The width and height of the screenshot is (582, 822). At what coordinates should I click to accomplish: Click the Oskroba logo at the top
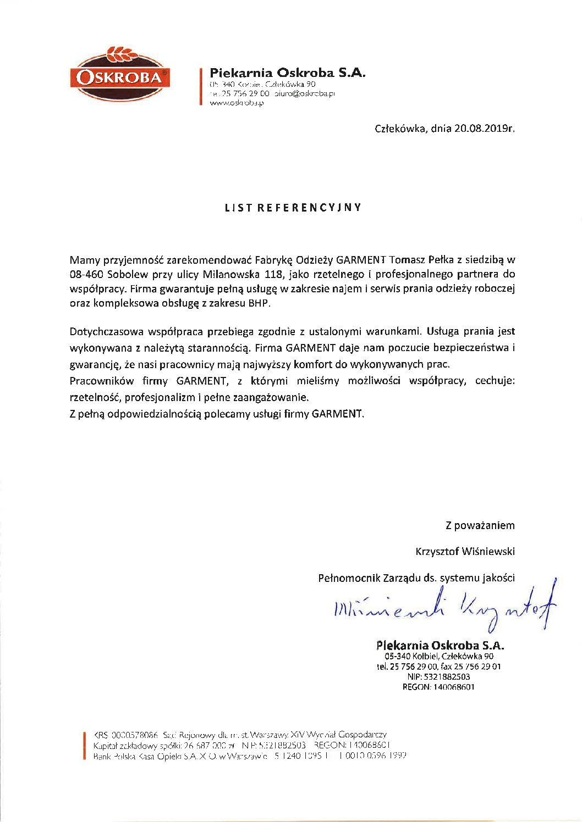click(120, 75)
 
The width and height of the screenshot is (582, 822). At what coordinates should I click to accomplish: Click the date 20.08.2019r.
click(484, 129)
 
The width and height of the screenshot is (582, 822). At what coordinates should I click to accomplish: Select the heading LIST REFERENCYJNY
click(293, 208)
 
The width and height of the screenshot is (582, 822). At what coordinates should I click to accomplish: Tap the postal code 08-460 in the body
click(86, 274)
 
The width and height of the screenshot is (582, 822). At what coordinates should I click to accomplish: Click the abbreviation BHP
click(260, 303)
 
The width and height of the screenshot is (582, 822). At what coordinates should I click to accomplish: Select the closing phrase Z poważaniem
click(480, 525)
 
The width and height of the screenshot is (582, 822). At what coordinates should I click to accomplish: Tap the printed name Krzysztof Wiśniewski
click(465, 551)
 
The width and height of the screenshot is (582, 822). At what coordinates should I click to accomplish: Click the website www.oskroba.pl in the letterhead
click(237, 103)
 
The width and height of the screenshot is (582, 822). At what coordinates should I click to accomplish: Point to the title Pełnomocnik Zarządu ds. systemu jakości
click(416, 577)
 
